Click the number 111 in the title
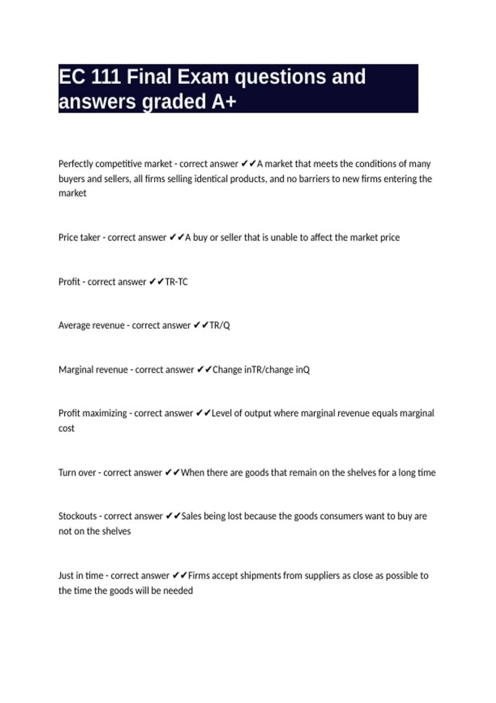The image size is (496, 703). pyautogui.click(x=105, y=77)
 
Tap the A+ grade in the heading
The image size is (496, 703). pyautogui.click(x=224, y=102)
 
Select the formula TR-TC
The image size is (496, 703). pyautogui.click(x=176, y=282)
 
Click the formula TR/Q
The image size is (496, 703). pyautogui.click(x=219, y=325)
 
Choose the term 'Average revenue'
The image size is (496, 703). pyautogui.click(x=91, y=325)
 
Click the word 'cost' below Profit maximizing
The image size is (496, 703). pyautogui.click(x=66, y=428)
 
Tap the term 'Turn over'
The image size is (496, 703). pyautogui.click(x=76, y=473)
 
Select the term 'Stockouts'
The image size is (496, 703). pyautogui.click(x=77, y=516)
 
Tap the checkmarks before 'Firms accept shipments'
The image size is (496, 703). pyautogui.click(x=180, y=576)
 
